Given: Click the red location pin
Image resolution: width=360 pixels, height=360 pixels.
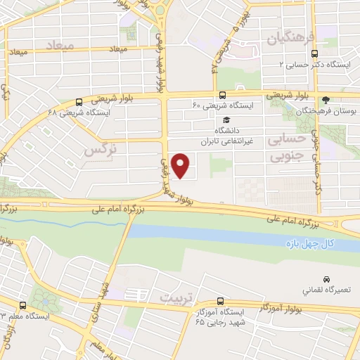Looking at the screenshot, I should [x=181, y=166].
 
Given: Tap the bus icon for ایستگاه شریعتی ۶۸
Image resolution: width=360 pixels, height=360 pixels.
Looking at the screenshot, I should [x=78, y=102].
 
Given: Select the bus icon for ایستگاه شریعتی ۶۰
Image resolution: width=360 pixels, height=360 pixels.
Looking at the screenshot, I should [x=222, y=95].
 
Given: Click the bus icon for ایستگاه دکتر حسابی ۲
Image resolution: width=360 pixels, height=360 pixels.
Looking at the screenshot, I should [x=314, y=52].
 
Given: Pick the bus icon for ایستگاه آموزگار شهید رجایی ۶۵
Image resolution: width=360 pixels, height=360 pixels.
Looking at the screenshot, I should [x=221, y=301].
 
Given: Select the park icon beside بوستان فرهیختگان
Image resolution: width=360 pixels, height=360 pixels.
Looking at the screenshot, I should [x=326, y=100].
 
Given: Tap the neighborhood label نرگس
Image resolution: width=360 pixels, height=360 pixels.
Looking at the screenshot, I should [x=98, y=150].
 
